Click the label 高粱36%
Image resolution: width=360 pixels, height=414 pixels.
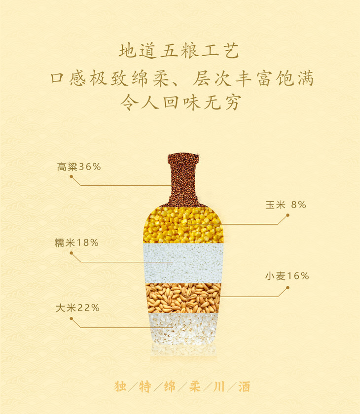pyautogui.click(x=79, y=167)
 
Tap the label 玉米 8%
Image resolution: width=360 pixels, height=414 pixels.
pyautogui.click(x=286, y=205)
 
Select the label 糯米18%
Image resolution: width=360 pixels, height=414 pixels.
pyautogui.click(x=76, y=242)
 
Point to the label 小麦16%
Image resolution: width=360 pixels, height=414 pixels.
pyautogui.click(x=287, y=276)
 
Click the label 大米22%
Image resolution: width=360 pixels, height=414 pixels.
pyautogui.click(x=77, y=308)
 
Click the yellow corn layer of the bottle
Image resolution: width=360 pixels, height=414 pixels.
pyautogui.click(x=183, y=225)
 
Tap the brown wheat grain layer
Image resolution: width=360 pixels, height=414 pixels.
pyautogui.click(x=183, y=298)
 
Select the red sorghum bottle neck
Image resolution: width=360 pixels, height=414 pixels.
pyautogui.click(x=183, y=180)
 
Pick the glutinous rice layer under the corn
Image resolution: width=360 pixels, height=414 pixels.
pyautogui.click(x=183, y=263)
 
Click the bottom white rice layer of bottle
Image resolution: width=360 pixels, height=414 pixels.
pyautogui.click(x=183, y=329)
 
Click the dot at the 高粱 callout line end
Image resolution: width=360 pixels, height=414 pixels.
pyautogui.click(x=72, y=176)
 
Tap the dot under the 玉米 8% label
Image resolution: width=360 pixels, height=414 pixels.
pyautogui.click(x=288, y=215)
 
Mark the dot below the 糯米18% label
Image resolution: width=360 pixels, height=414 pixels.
pyautogui.click(x=72, y=253)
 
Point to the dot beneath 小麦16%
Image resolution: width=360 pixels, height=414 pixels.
pyautogui.click(x=288, y=287)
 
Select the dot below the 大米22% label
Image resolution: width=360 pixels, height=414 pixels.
pyautogui.click(x=72, y=319)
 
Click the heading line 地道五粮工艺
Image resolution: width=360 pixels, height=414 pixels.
pyautogui.click(x=179, y=51)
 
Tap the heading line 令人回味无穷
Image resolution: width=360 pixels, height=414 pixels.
pyautogui.click(x=181, y=102)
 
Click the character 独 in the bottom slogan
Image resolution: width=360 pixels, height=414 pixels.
pyautogui.click(x=120, y=386)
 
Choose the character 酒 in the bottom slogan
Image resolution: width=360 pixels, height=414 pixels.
pyautogui.click(x=244, y=386)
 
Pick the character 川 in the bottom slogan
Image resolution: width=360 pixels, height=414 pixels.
pyautogui.click(x=219, y=386)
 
